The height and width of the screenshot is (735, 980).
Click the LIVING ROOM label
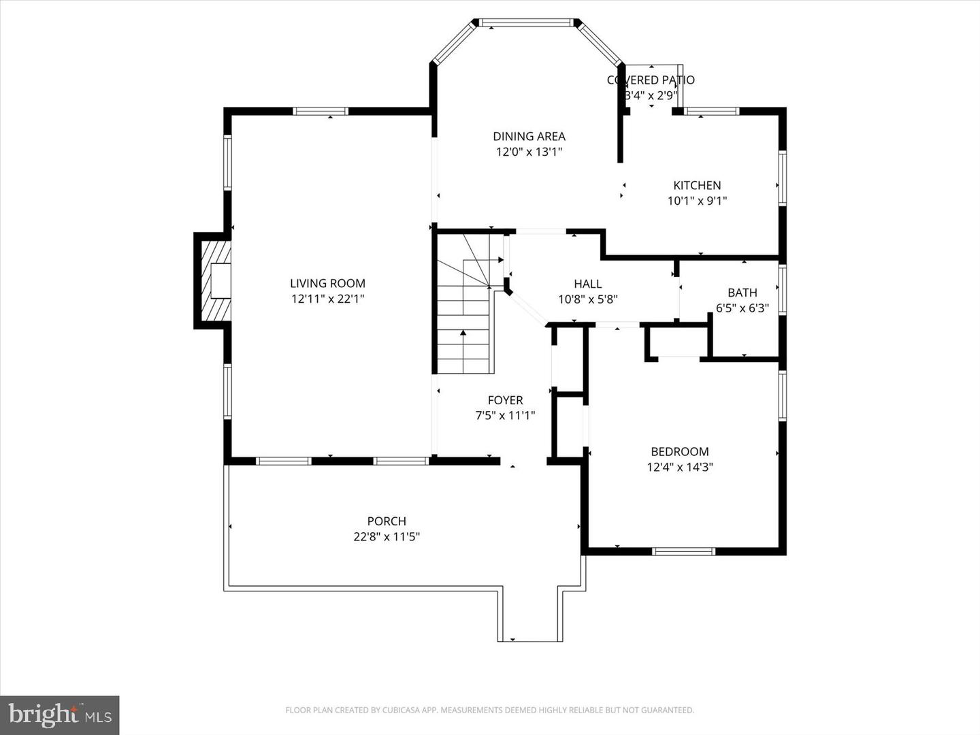pos(327,283)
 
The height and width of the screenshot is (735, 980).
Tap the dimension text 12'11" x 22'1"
pos(327,299)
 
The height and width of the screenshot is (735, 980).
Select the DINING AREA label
pos(529,136)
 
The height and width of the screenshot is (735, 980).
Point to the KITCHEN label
pos(697,185)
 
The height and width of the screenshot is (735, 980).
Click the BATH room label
pos(742,293)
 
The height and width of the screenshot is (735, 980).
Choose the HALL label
pos(587,284)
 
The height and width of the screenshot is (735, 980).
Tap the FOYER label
pos(505,400)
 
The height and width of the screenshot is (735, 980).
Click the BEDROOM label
pos(679,451)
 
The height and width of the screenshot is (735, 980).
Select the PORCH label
pos(387,521)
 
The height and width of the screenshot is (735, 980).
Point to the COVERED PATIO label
pos(651,80)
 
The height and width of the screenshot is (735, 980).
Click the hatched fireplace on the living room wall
pos(213,280)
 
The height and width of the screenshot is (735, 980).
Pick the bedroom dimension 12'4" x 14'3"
pos(679,467)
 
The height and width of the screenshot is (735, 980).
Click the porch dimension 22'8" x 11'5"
pos(387,537)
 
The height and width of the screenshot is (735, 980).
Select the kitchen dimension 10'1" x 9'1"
pos(697,201)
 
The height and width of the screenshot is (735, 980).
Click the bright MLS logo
pos(59,715)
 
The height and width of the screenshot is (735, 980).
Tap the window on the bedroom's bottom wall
pos(683,551)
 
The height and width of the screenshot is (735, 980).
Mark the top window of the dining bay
pos(525,23)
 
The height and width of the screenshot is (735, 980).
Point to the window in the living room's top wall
pos(321,112)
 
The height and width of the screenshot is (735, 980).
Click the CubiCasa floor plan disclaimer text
pos(489,710)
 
